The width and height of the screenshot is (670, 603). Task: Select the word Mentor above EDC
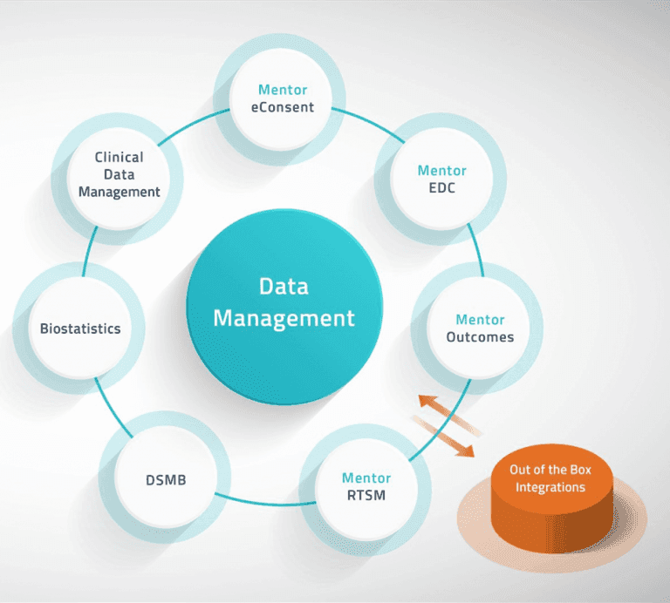click(441, 171)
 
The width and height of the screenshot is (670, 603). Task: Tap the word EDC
click(441, 188)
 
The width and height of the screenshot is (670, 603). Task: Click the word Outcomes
click(480, 336)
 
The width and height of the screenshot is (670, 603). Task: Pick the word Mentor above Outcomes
click(480, 320)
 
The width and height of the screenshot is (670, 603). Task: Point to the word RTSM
click(366, 496)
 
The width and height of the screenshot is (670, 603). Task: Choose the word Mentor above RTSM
click(366, 478)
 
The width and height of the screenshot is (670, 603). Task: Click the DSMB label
click(166, 480)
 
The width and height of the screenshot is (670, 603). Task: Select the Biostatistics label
click(80, 329)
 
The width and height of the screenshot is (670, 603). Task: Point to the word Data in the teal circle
click(284, 287)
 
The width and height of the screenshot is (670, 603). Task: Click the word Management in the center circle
click(284, 318)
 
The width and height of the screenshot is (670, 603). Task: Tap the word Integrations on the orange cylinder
click(550, 487)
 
